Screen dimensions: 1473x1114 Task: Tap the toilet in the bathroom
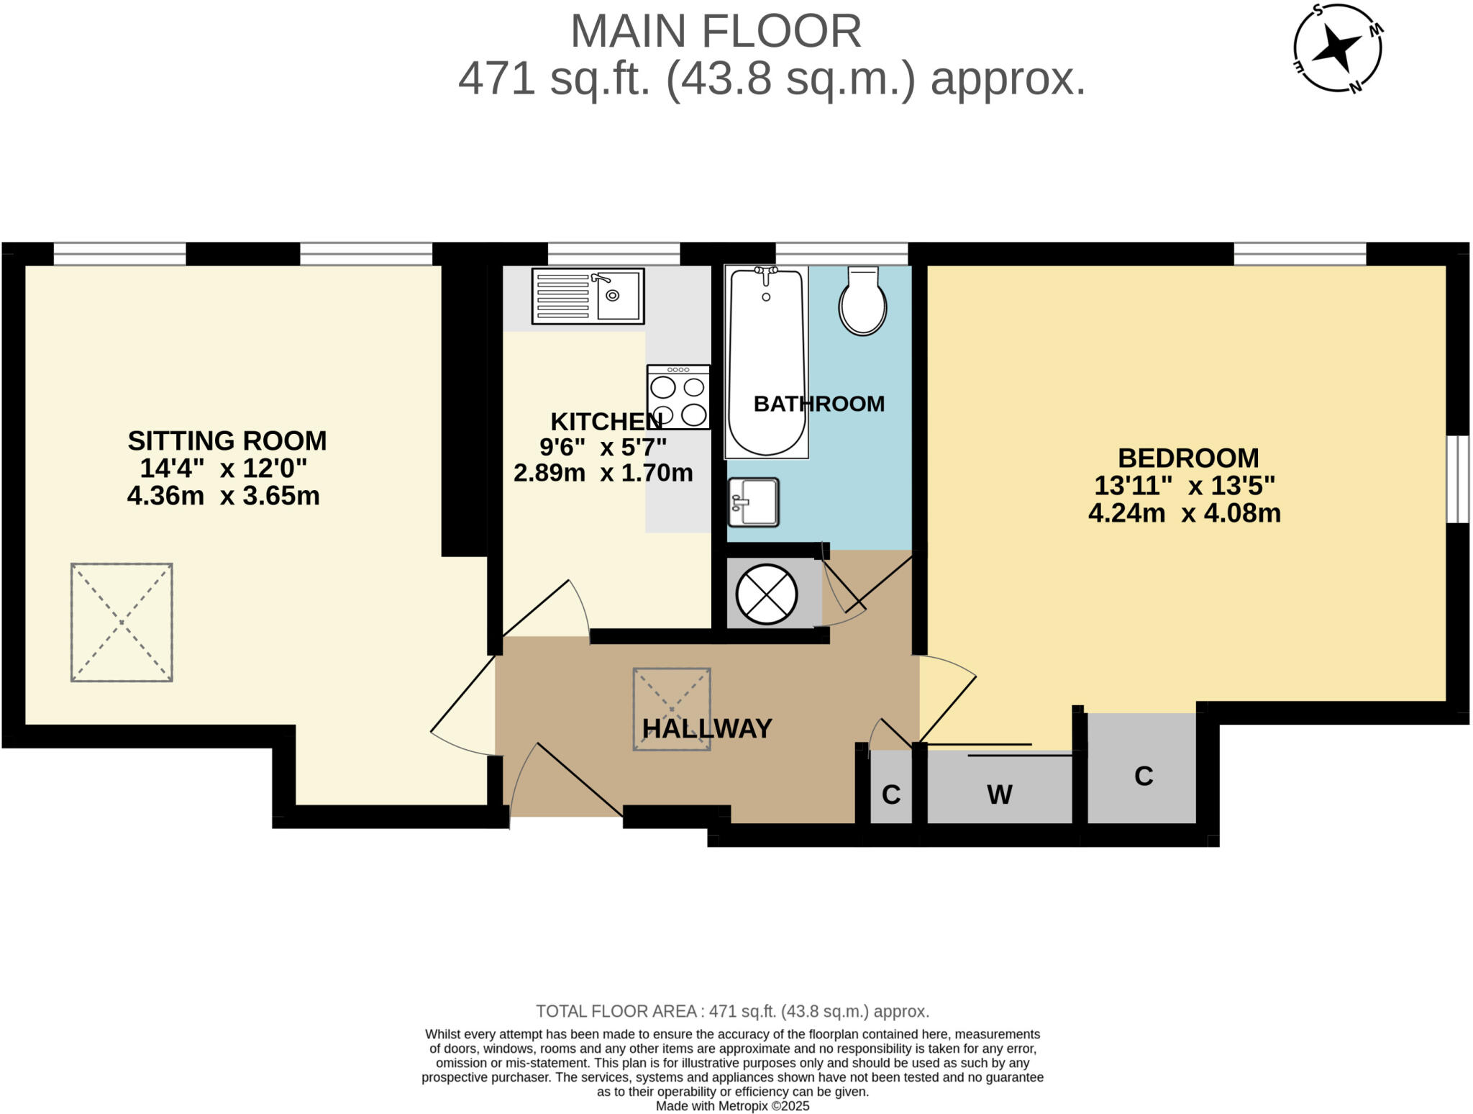pos(862,301)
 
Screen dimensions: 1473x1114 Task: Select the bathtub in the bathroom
pos(766,361)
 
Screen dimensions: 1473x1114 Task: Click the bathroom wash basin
pos(754,502)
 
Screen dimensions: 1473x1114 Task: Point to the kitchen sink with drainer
pos(588,296)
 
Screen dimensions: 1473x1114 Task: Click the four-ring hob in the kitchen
pos(678,397)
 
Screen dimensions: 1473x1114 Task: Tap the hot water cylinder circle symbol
pos(767,595)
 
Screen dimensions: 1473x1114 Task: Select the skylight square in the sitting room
pos(122,622)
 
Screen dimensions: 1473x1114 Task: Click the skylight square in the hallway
pos(672,710)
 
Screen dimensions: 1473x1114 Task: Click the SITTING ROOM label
pos(227,440)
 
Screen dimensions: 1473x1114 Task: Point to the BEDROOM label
pos(1188,458)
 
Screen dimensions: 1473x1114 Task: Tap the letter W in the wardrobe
pos(1000,794)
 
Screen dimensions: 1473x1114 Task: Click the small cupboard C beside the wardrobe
pos(891,794)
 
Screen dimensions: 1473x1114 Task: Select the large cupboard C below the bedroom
pos(1144,776)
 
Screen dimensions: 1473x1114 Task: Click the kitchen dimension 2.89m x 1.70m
pos(603,473)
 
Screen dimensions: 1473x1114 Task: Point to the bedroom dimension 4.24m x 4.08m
pos(1185,513)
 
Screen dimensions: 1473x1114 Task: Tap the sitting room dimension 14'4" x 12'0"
pos(224,468)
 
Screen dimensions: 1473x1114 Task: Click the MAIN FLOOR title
pos(716,31)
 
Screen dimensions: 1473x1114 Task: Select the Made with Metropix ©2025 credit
pos(732,1106)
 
